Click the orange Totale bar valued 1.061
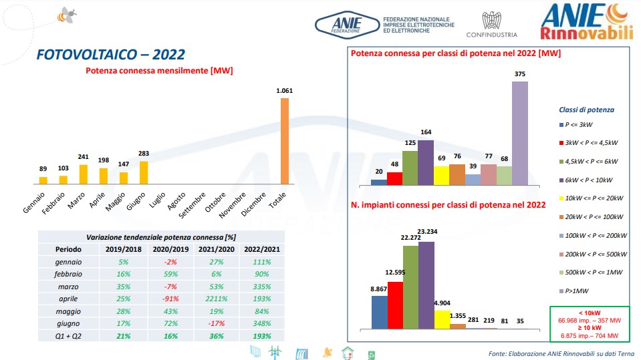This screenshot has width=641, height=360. click(284, 141)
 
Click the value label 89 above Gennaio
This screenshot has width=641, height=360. click(43, 170)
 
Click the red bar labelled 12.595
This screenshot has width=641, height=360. click(395, 305)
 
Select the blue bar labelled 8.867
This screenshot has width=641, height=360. click(379, 312)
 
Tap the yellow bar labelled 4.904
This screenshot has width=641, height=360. click(442, 319)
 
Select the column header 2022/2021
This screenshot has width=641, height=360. click(262, 250)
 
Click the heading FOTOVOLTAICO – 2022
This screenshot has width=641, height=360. click(110, 55)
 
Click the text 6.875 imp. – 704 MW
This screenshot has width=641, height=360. click(589, 335)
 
